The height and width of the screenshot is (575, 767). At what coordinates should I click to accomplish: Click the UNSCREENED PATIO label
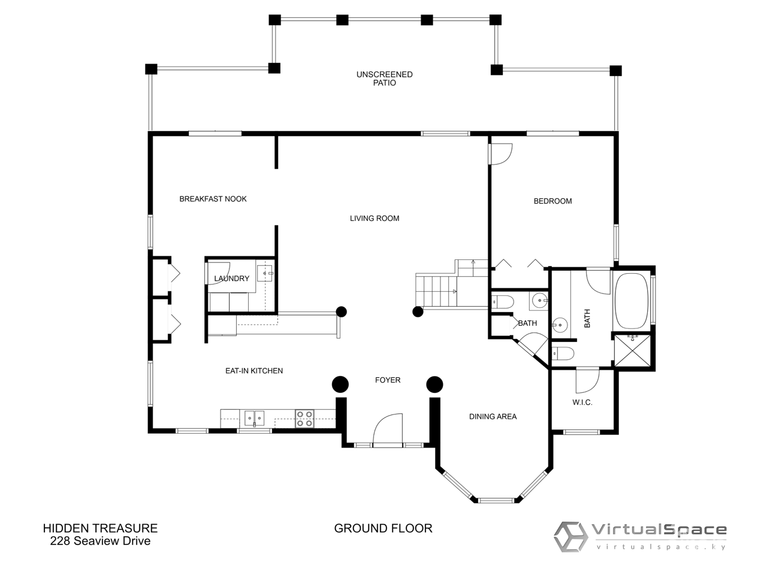(x=384, y=78)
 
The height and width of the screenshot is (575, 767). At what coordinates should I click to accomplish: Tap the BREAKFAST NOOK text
(x=213, y=199)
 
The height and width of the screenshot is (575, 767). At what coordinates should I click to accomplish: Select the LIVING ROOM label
(x=375, y=219)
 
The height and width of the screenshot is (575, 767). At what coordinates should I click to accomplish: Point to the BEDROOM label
(x=552, y=201)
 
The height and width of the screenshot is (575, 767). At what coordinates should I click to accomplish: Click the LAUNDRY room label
(x=232, y=279)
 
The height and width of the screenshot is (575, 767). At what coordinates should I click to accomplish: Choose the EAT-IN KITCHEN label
(x=254, y=371)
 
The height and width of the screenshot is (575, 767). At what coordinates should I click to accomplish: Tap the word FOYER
(x=388, y=380)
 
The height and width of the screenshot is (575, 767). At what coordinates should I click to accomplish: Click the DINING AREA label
(x=493, y=416)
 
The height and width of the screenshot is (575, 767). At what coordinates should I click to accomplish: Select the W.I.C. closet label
(x=582, y=402)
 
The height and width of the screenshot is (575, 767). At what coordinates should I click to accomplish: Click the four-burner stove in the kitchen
(x=304, y=419)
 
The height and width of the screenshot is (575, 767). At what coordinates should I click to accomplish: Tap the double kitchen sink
(x=255, y=419)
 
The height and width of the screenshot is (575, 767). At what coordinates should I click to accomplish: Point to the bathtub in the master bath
(x=631, y=301)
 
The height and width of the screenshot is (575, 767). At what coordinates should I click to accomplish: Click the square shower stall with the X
(x=632, y=350)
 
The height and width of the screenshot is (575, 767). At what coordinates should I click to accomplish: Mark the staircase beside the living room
(x=451, y=285)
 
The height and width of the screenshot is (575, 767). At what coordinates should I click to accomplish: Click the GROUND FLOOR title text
(x=383, y=528)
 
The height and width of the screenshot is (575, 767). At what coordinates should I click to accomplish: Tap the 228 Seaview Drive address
(x=100, y=541)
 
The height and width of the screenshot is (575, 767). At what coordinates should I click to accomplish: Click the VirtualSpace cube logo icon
(x=570, y=537)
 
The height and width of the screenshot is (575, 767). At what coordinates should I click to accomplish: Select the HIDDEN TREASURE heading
(x=100, y=528)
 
